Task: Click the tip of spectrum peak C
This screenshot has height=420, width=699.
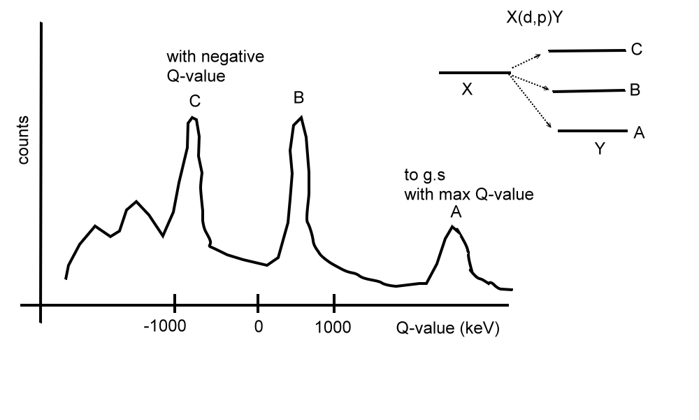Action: (193, 118)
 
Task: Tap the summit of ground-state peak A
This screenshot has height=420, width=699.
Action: (453, 227)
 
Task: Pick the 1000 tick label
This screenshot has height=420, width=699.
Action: (334, 327)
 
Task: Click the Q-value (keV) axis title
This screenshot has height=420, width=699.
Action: (448, 328)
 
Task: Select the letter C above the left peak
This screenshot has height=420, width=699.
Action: (195, 101)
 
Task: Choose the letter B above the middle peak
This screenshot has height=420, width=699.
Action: (299, 98)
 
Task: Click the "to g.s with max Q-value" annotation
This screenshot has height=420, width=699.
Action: (468, 185)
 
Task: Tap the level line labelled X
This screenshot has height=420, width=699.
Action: (474, 72)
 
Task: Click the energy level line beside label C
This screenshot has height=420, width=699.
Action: (587, 50)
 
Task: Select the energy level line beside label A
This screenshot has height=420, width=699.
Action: (593, 131)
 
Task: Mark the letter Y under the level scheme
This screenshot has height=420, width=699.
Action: (599, 148)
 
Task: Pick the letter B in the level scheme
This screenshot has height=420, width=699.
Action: (635, 90)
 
